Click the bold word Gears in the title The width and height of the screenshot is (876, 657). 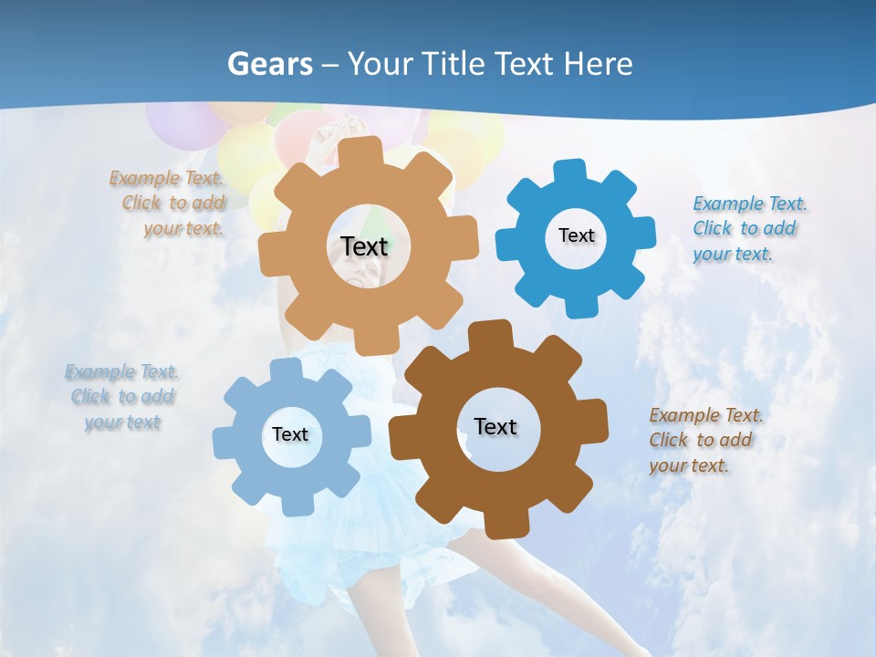coord(269,64)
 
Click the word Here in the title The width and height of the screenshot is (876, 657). coord(598,64)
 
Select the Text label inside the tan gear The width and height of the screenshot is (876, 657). coord(364,246)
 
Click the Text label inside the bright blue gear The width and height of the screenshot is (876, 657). coord(576,235)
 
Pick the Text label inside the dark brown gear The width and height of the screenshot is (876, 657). coord(495,426)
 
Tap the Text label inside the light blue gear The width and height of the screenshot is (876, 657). coord(290,434)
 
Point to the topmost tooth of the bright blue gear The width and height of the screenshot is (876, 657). coord(570,172)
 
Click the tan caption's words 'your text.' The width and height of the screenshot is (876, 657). coord(183,228)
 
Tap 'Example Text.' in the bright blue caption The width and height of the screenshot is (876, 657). coord(750,203)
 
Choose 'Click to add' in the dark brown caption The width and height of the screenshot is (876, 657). coord(701,440)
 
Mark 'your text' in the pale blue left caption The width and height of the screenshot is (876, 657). coord(122,422)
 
